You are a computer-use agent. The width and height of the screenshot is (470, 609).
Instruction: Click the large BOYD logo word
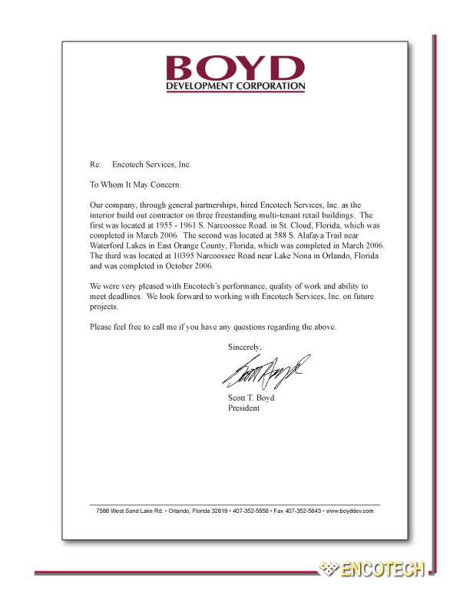(236, 67)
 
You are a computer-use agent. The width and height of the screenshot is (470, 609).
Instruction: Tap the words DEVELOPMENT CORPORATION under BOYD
(236, 86)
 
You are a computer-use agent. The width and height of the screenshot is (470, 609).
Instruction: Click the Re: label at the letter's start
(96, 165)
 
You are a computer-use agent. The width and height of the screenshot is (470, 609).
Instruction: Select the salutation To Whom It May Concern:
(136, 185)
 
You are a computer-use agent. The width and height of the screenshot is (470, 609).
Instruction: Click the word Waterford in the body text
(108, 245)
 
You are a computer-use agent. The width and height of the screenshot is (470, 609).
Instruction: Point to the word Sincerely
(245, 347)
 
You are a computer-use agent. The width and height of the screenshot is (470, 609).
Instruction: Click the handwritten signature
(266, 372)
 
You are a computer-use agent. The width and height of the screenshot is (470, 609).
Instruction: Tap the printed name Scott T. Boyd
(251, 398)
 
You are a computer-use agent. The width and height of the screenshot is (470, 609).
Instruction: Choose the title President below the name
(243, 408)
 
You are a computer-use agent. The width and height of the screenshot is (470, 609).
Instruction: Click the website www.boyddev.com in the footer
(349, 511)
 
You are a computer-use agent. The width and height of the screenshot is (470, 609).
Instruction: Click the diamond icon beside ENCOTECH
(329, 570)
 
